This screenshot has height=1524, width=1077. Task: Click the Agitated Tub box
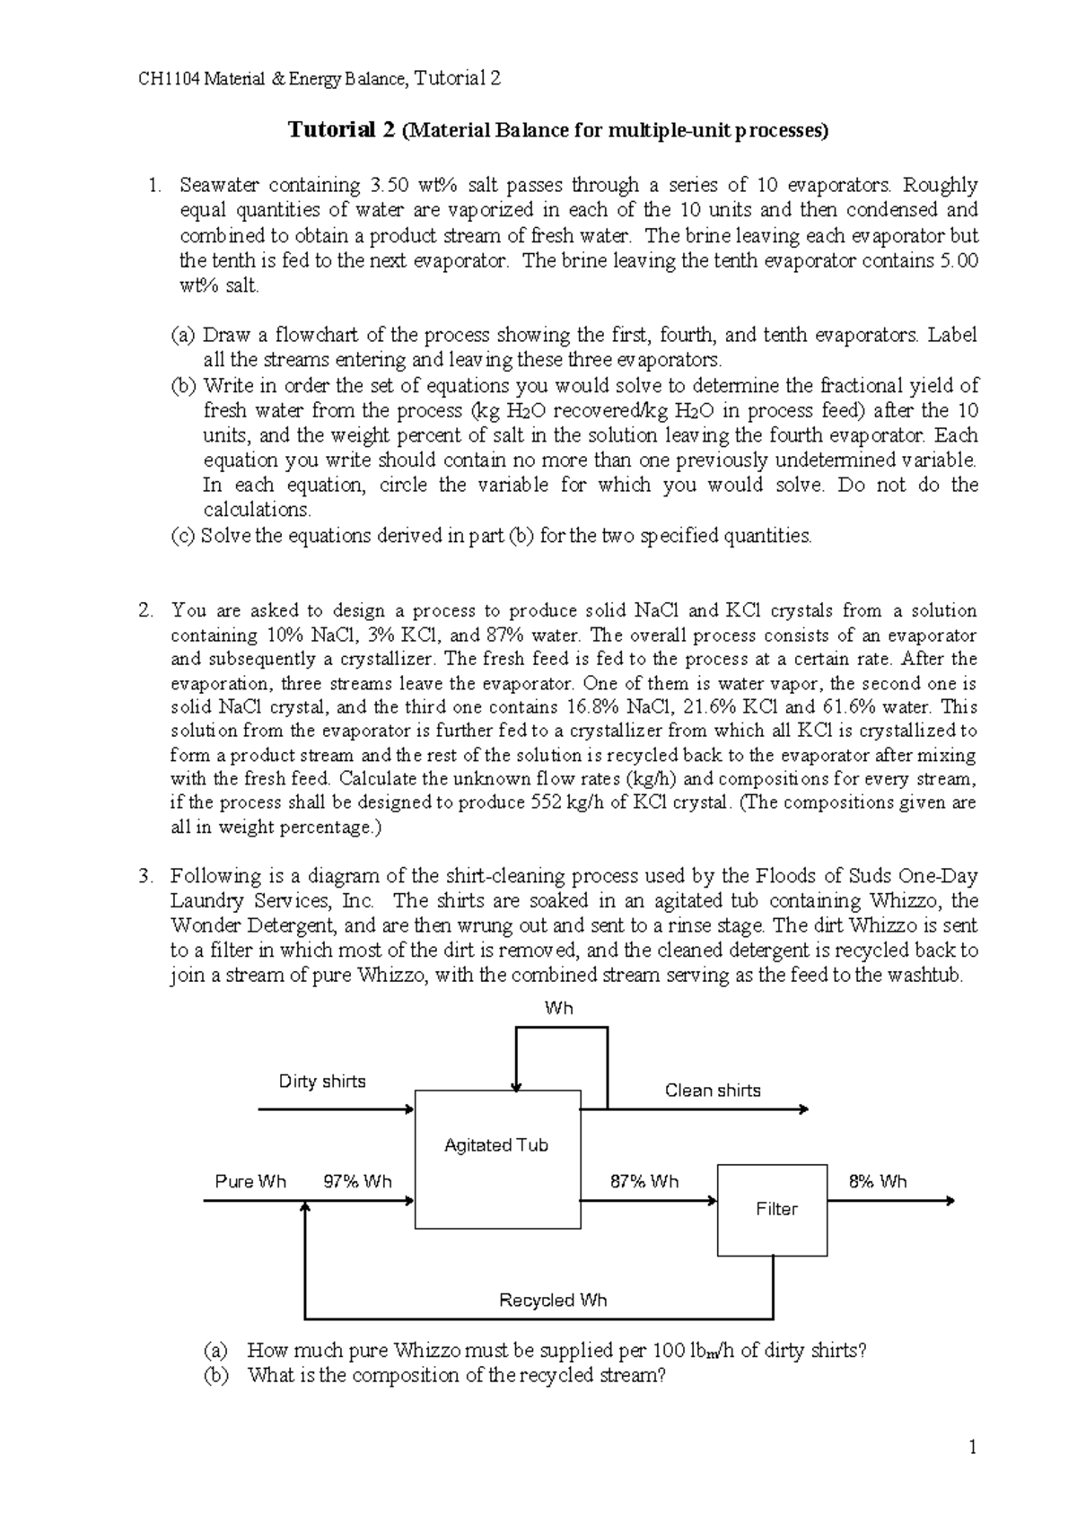[497, 1160]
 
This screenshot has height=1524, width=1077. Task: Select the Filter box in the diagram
[773, 1209]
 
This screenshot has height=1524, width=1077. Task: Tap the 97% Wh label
[357, 1181]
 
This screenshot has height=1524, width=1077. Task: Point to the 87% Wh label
[644, 1181]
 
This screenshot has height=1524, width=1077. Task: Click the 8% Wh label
[878, 1181]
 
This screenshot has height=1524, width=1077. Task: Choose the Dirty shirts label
[322, 1081]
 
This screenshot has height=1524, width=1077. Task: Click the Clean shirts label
[713, 1090]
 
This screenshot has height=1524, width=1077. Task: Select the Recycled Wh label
[553, 1300]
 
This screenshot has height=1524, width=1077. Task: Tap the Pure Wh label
[250, 1181]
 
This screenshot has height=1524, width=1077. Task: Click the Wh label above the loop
[558, 1008]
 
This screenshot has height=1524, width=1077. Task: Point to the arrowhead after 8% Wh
[951, 1201]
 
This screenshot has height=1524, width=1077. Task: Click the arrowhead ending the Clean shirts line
[803, 1109]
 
